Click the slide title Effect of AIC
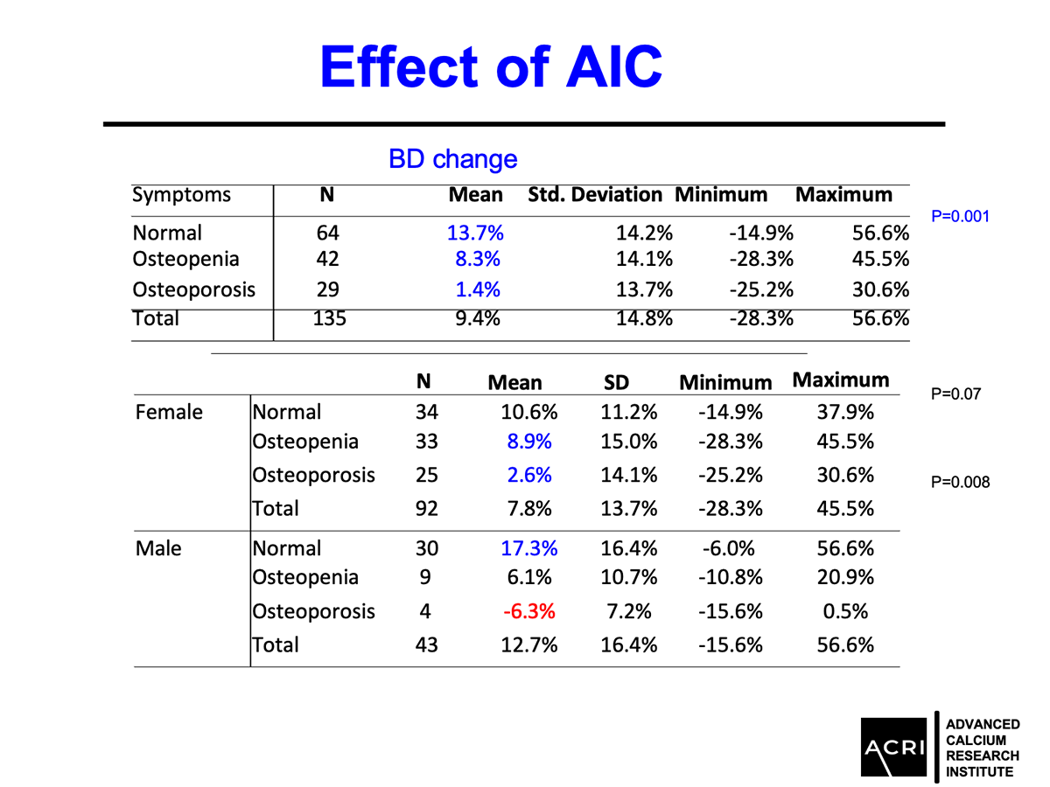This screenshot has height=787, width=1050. pos(491,66)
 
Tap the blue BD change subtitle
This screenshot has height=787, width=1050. pos(452,159)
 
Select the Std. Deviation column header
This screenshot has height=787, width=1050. pos(595,195)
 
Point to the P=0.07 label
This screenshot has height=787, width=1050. pos(955,394)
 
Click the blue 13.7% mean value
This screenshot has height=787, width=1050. pos(475,233)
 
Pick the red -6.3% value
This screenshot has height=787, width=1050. pos(529,611)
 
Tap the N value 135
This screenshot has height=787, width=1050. pos(328,318)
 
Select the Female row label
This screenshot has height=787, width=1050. pos(169,412)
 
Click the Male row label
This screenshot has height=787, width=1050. pos(158,548)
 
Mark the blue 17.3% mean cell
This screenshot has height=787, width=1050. pos(529,548)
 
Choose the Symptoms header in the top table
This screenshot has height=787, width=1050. pos(181,195)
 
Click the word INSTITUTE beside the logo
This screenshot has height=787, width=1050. pos(980,771)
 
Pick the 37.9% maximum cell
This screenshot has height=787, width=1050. pos(844,412)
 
